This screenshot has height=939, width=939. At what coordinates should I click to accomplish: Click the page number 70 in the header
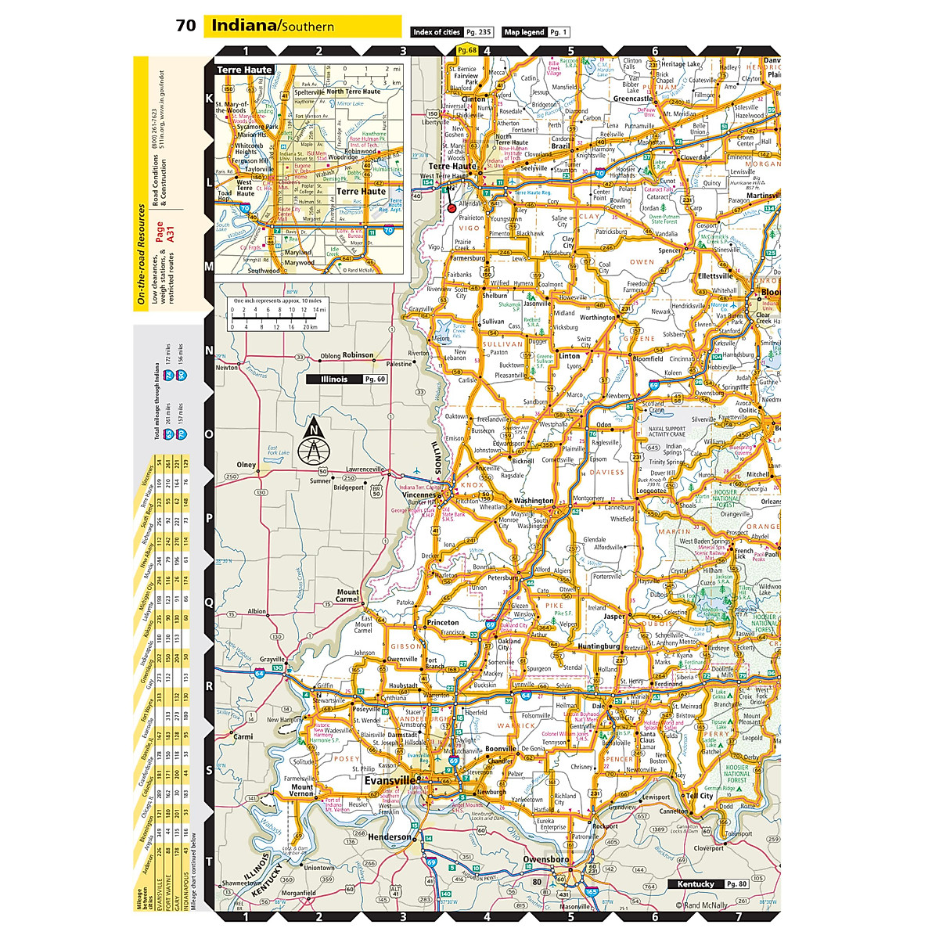[186, 26]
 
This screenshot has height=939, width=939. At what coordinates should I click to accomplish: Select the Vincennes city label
[417, 495]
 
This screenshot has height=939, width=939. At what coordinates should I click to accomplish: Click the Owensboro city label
[546, 859]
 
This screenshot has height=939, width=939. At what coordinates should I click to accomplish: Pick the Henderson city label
[389, 837]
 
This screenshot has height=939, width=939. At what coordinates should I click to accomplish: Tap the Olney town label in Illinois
[246, 465]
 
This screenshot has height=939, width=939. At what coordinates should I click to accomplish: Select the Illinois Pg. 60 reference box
[347, 380]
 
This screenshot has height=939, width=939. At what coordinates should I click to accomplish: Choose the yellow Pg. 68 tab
[466, 50]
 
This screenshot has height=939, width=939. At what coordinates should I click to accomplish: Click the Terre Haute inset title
[244, 70]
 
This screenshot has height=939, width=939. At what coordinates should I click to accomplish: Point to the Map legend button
[535, 32]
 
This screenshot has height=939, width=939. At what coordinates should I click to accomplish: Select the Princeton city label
[443, 623]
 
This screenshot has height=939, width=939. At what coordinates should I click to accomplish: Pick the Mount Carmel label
[348, 596]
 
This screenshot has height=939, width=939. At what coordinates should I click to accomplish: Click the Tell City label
[700, 796]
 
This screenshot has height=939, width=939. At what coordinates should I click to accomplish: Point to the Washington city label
[534, 501]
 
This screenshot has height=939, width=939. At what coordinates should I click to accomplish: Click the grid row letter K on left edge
[209, 99]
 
